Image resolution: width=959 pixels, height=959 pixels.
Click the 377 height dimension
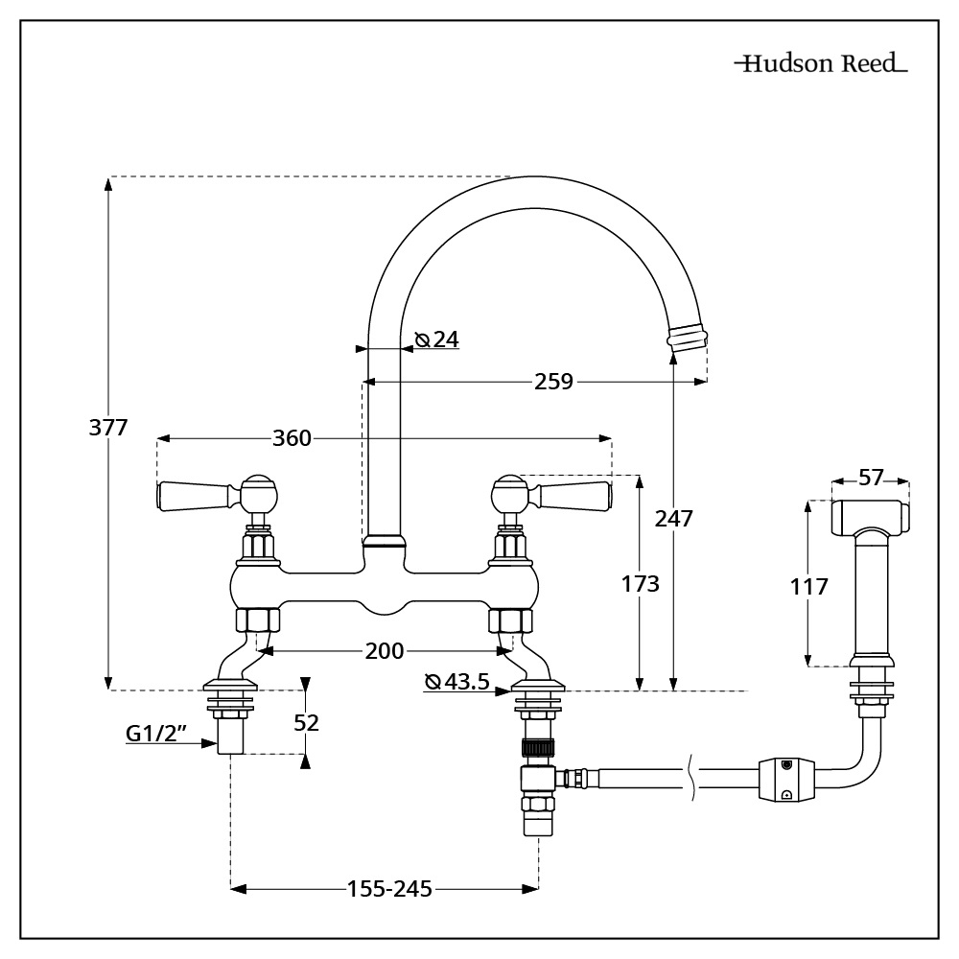[108, 428]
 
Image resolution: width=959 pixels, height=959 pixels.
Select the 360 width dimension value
[292, 438]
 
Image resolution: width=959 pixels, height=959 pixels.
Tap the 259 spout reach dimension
[554, 382]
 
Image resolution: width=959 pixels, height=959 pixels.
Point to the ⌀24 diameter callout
[437, 339]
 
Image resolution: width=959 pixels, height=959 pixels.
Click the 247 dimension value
[673, 518]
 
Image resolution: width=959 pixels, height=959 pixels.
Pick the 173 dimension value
[640, 583]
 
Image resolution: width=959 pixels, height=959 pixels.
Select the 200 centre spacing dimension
[384, 651]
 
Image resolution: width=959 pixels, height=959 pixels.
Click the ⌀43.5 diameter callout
[457, 682]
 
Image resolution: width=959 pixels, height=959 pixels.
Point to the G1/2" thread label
[156, 735]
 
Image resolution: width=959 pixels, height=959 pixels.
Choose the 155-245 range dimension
[388, 889]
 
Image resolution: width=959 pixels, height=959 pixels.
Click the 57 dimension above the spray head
[871, 478]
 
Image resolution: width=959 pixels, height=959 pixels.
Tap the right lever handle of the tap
[573, 496]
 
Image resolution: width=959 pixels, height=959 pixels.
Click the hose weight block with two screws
[785, 779]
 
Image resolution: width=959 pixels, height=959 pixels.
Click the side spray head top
[869, 516]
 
